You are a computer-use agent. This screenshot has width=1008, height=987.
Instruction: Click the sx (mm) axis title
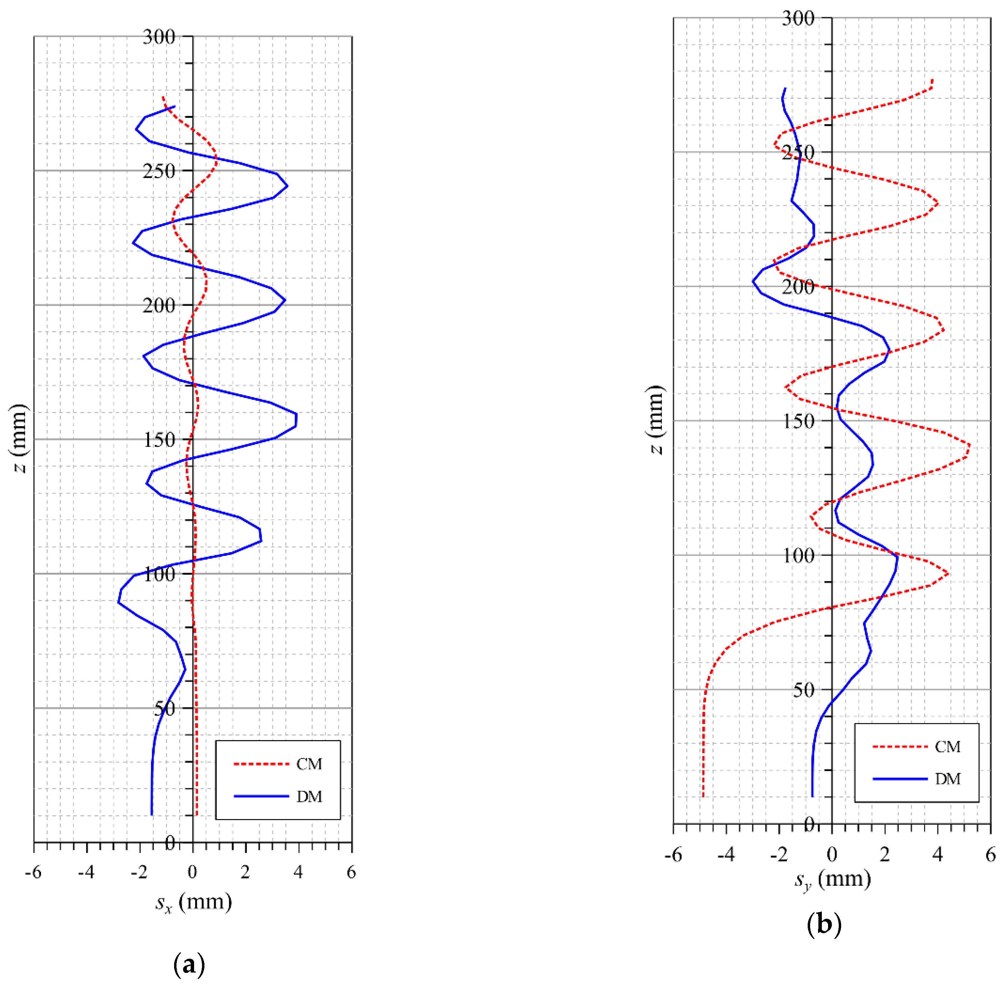click(x=193, y=903)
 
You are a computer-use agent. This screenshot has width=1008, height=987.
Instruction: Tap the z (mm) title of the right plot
click(x=656, y=420)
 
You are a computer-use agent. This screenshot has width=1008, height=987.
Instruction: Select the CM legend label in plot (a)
click(x=309, y=764)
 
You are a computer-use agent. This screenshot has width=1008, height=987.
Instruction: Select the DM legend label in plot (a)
click(x=309, y=796)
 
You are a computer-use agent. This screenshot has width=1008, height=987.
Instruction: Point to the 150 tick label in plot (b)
click(x=798, y=421)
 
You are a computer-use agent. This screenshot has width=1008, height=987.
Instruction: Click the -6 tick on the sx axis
click(x=33, y=873)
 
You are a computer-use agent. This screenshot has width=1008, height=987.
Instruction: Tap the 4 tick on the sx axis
click(x=298, y=873)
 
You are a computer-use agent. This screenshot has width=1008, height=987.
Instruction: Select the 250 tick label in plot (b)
click(x=798, y=153)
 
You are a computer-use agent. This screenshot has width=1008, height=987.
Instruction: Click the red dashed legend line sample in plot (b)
click(x=900, y=747)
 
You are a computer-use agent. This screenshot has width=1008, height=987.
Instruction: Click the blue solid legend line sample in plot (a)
click(x=261, y=796)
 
